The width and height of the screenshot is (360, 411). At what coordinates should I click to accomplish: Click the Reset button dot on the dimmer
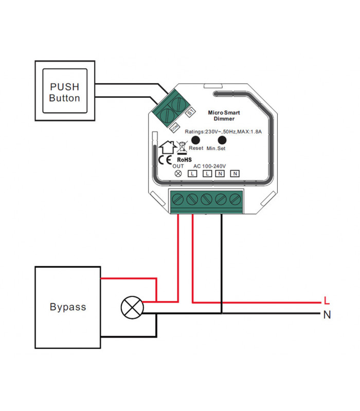195,140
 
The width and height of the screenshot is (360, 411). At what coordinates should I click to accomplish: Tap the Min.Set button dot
222,140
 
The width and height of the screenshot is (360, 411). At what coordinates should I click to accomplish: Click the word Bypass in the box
68,307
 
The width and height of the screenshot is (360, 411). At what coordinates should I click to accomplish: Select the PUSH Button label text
65,92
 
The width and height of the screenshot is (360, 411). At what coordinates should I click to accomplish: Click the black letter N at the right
327,314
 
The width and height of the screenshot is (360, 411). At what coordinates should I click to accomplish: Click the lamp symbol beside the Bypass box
131,308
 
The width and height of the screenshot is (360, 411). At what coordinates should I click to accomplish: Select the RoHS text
184,160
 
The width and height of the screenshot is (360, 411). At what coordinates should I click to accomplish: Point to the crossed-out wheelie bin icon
181,148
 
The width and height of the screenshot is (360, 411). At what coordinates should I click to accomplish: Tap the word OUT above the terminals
178,166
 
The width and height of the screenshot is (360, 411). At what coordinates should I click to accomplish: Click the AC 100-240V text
210,166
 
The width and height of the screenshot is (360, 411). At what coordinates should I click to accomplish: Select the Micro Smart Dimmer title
224,115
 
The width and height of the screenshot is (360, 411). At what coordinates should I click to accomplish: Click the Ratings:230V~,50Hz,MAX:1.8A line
224,132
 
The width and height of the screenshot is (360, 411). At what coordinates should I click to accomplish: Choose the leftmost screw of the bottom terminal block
179,199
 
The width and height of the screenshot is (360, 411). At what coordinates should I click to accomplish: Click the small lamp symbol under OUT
178,174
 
